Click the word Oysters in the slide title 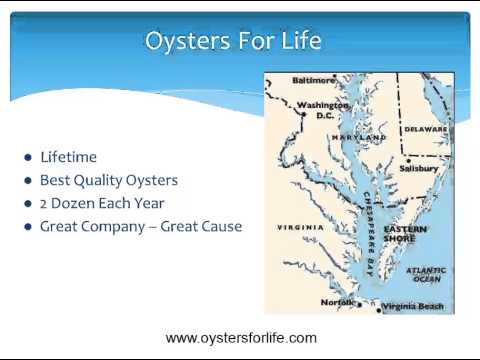click(x=188, y=41)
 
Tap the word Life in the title click(x=301, y=40)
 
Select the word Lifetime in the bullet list click(x=68, y=157)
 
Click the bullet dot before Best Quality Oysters click(x=28, y=181)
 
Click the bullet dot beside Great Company click(x=28, y=227)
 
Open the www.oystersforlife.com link click(x=241, y=338)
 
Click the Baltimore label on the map click(x=313, y=80)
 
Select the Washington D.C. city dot click(x=304, y=114)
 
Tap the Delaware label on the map click(x=426, y=129)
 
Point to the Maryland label click(x=359, y=137)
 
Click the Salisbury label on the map click(x=419, y=168)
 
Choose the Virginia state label click(x=300, y=228)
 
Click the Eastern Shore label click(x=405, y=234)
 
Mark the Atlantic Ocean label click(x=426, y=274)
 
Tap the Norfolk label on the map click(x=338, y=302)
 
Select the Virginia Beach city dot click(x=379, y=310)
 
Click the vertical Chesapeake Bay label click(x=369, y=234)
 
